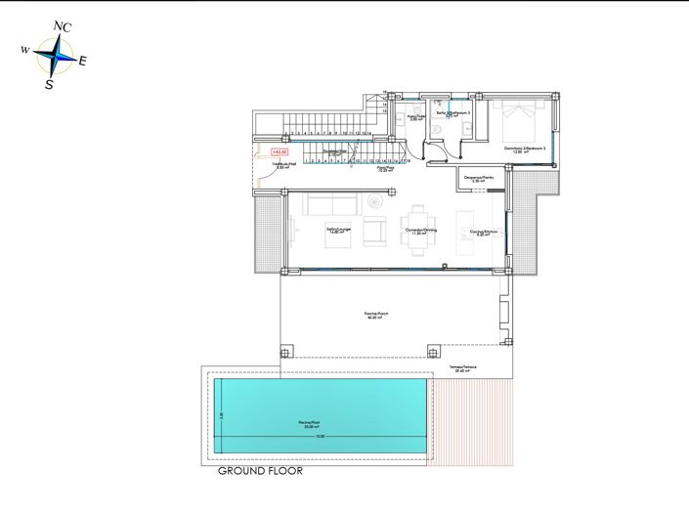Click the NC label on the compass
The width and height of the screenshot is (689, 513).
pos(62,26)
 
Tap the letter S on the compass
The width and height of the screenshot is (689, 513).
pos(49,85)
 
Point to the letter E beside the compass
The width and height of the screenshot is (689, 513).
pos(82,61)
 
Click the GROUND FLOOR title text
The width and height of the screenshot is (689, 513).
pos(260,471)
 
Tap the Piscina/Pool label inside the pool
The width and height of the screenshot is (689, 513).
pos(311,423)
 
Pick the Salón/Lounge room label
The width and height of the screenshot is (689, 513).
pos(338,231)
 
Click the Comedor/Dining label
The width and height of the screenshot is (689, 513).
pos(421,231)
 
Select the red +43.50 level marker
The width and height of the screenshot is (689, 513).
pos(280,152)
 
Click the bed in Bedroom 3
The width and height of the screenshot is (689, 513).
pos(517,123)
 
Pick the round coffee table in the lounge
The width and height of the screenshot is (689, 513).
pos(374,202)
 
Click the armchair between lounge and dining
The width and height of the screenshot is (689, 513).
pos(375,231)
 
